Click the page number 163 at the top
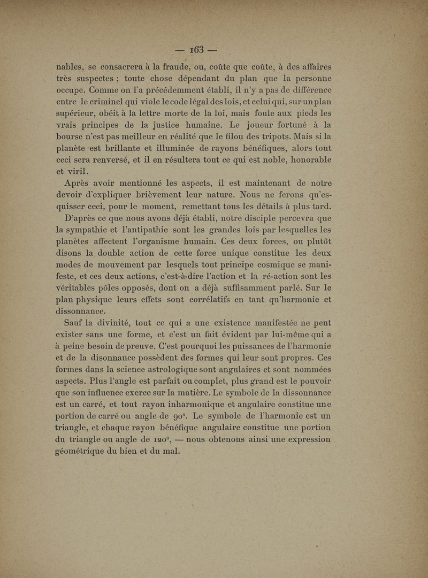pyautogui.click(x=196, y=50)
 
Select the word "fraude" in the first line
pyautogui.click(x=166, y=67)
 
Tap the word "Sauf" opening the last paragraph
pyautogui.click(x=76, y=323)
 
